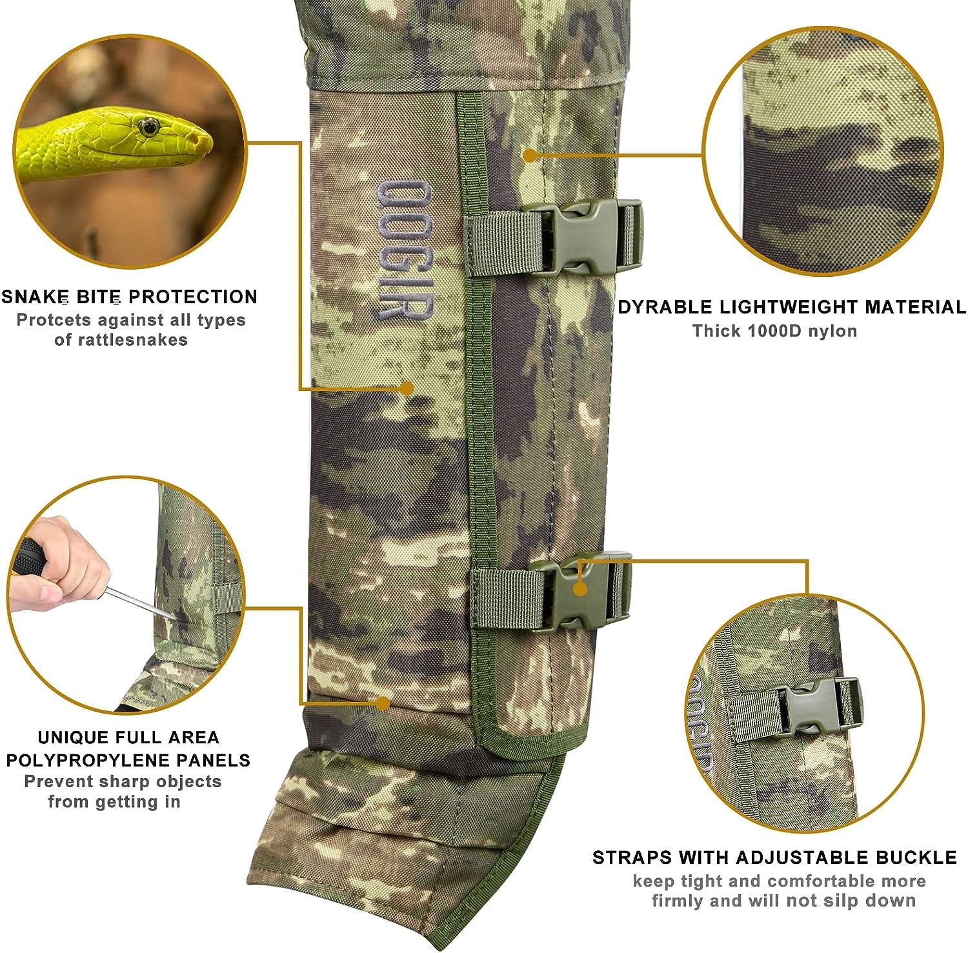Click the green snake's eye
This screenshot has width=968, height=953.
149,126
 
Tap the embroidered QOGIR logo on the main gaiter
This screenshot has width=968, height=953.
405,250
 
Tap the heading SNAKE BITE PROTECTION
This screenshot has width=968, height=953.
129,297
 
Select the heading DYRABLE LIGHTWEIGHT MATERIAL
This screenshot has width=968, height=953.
791,307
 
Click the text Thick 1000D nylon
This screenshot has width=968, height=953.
774,331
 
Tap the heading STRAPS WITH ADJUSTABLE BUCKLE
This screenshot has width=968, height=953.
774,858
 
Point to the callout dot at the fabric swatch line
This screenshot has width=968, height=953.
529,155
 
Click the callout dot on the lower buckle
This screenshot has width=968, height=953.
580,589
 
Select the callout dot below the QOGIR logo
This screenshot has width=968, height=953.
407,388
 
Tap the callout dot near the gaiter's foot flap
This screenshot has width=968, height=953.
383,703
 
